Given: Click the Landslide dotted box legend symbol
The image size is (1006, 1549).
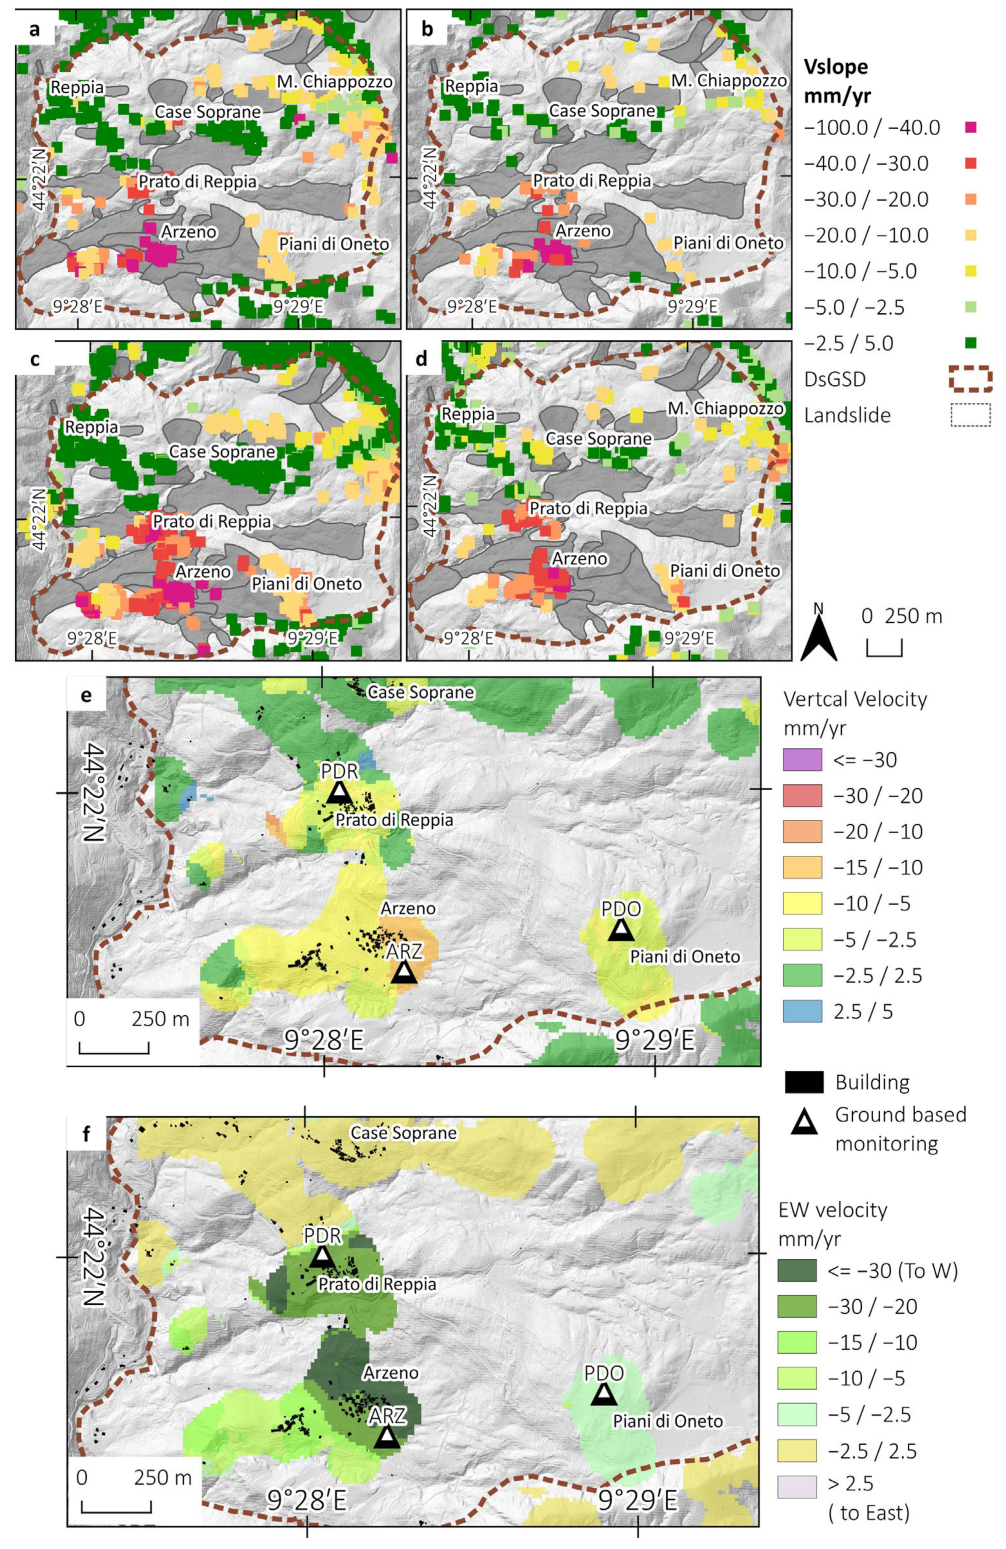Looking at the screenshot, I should pyautogui.click(x=971, y=415).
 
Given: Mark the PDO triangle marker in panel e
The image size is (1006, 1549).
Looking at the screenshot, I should pyautogui.click(x=621, y=929).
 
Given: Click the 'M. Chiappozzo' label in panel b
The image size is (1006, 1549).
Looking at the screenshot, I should pyautogui.click(x=729, y=81).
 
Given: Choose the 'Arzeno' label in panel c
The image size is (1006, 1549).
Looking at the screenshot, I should pyautogui.click(x=202, y=571).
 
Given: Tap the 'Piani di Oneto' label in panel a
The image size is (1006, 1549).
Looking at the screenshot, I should pyautogui.click(x=334, y=244).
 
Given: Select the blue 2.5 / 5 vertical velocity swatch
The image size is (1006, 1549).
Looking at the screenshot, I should pyautogui.click(x=802, y=1011).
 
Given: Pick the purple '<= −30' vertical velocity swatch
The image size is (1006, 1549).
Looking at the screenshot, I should pyautogui.click(x=802, y=760).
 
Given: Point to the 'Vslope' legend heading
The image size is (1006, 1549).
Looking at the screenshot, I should pyautogui.click(x=836, y=67).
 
